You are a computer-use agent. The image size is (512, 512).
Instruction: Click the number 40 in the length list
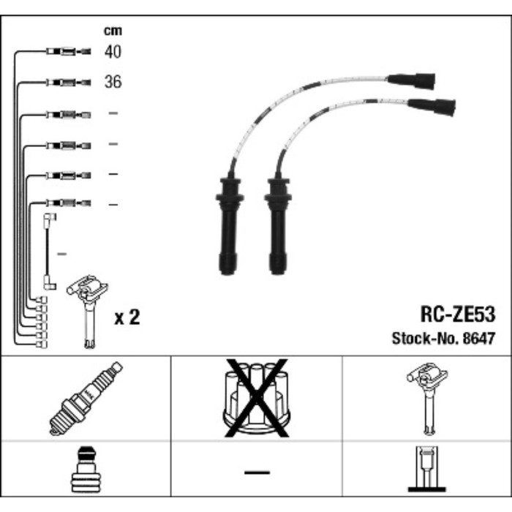(x=113, y=52)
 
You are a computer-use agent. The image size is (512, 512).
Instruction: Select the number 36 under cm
(x=113, y=82)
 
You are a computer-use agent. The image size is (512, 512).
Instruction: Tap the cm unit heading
(x=112, y=31)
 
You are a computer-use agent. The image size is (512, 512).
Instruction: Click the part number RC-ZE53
(x=457, y=315)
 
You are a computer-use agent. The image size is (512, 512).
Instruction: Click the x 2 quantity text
(x=127, y=317)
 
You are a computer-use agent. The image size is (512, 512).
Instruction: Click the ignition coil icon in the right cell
(x=426, y=399)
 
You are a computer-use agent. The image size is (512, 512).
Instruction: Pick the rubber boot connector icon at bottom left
(x=86, y=471)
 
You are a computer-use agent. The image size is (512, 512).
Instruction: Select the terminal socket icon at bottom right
(x=426, y=470)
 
